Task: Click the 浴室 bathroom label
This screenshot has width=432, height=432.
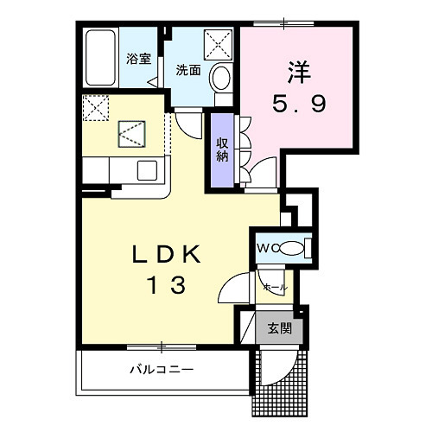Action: click(139, 59)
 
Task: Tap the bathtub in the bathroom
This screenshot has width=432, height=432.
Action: click(101, 58)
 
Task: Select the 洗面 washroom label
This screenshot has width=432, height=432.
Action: click(188, 70)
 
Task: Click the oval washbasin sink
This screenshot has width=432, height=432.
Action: click(221, 77)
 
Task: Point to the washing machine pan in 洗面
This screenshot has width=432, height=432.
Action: click(218, 45)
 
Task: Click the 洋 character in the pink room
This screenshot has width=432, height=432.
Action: click(299, 72)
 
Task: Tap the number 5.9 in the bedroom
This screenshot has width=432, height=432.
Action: click(299, 104)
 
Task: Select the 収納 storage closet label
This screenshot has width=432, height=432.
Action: click(222, 149)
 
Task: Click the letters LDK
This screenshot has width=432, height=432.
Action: click(167, 254)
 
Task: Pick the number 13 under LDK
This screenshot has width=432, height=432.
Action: click(167, 284)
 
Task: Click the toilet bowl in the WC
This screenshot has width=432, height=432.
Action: click(291, 248)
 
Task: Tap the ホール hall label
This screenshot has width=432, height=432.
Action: click(276, 287)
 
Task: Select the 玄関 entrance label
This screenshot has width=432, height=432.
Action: click(280, 328)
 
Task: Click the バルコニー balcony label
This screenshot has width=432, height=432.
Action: click(162, 369)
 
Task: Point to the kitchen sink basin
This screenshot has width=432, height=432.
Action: click(147, 170)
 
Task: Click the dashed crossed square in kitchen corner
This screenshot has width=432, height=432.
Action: click(96, 107)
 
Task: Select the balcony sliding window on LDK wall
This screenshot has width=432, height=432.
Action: click(162, 347)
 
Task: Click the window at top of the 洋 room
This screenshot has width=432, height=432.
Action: click(283, 23)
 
